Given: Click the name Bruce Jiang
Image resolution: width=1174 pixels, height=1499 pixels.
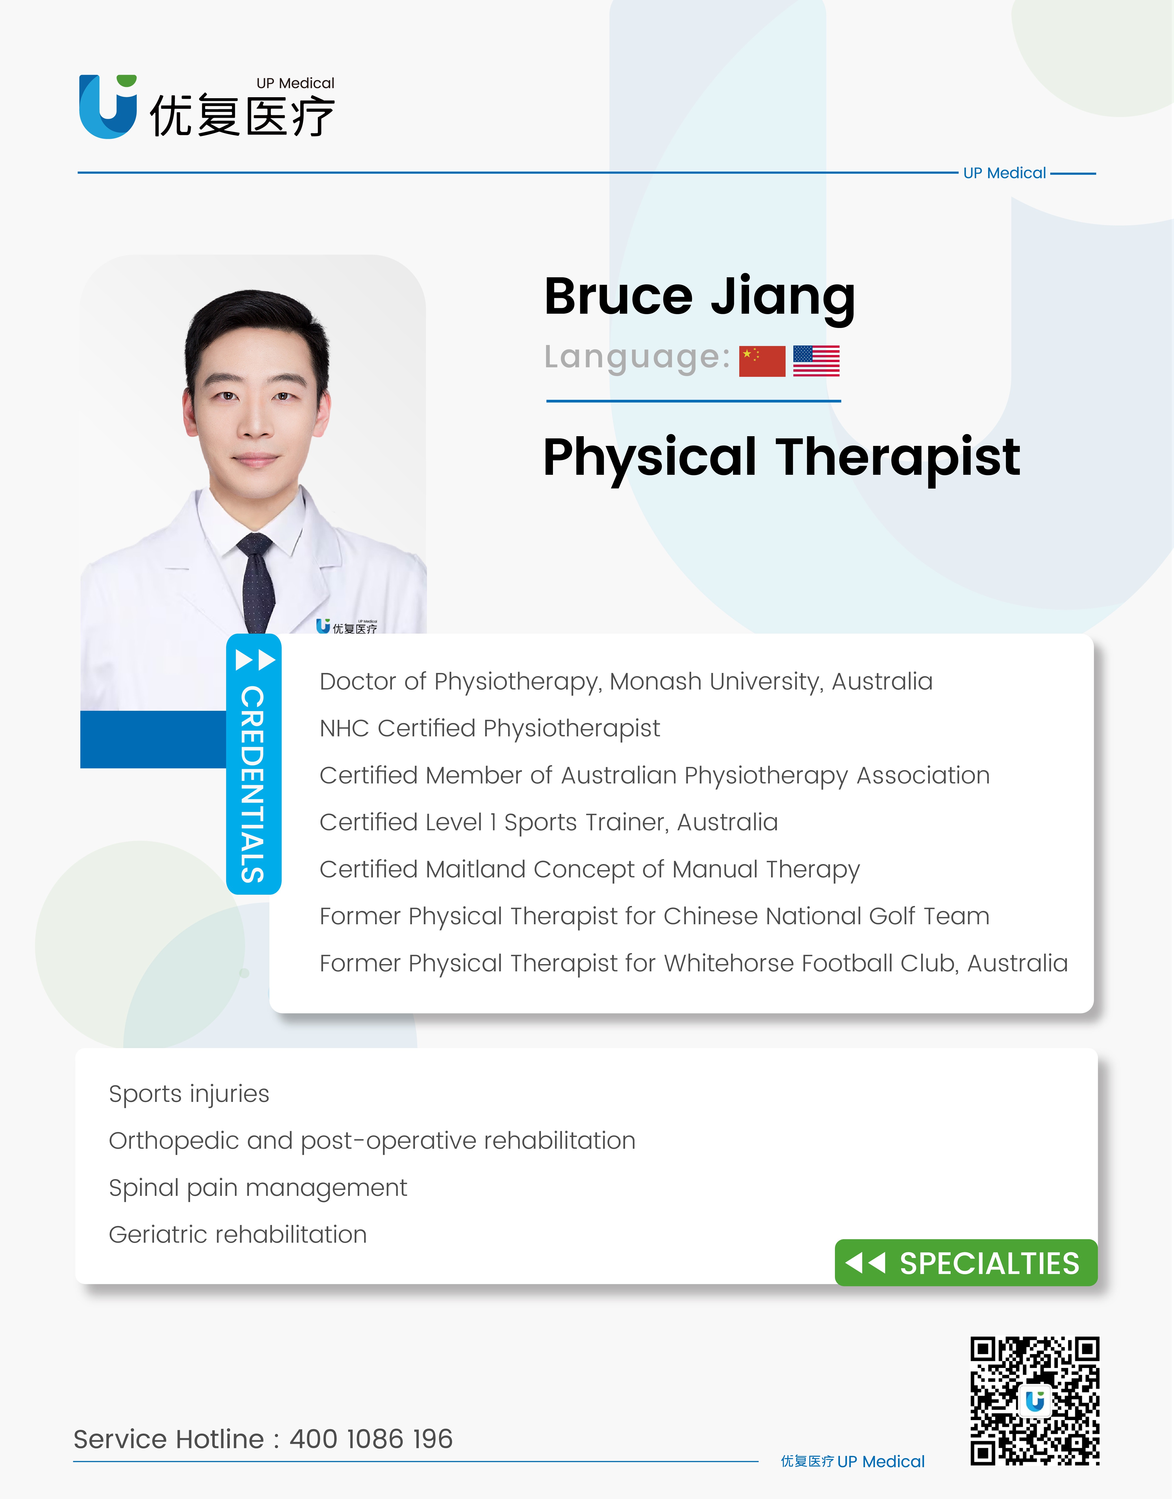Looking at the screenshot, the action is pyautogui.click(x=700, y=297).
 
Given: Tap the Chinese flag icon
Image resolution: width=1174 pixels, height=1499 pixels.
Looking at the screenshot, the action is pyautogui.click(x=762, y=361).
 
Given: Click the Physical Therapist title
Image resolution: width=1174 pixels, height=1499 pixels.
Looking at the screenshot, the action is pyautogui.click(x=782, y=457).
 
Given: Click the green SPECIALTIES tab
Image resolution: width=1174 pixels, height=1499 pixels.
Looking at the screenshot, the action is pyautogui.click(x=966, y=1262).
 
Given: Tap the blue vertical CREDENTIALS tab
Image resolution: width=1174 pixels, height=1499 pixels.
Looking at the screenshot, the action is pyautogui.click(x=254, y=764).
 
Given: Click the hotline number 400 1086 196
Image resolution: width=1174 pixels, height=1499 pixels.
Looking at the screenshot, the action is pyautogui.click(x=371, y=1438).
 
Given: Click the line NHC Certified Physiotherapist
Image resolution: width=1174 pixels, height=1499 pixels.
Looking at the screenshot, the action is pyautogui.click(x=489, y=728).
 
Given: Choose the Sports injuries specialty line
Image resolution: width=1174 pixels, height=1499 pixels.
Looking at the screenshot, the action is pyautogui.click(x=189, y=1093).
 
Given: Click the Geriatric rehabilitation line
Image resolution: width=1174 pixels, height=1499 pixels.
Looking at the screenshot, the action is pyautogui.click(x=238, y=1234).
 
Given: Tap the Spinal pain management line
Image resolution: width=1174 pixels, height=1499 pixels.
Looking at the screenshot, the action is pyautogui.click(x=258, y=1188).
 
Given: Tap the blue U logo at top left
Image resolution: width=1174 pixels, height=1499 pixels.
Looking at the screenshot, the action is pyautogui.click(x=108, y=106).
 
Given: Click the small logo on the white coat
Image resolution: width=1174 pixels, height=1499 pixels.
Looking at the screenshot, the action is pyautogui.click(x=346, y=626).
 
